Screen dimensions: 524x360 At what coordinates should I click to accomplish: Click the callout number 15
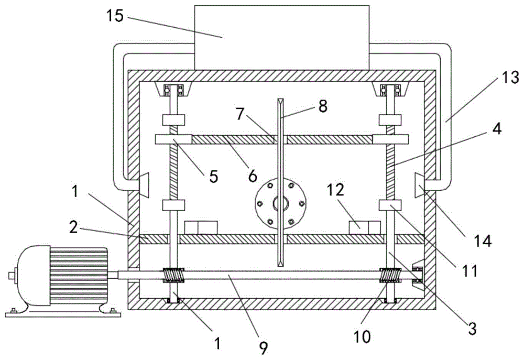(x=115, y=16)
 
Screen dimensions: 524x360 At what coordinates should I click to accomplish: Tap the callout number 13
(x=510, y=78)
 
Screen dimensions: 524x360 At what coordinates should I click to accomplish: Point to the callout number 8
(x=323, y=106)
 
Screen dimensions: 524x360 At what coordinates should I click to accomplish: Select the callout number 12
(x=335, y=190)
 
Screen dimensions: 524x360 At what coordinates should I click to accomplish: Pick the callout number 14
(x=483, y=241)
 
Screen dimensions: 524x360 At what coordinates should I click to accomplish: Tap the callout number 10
(x=362, y=337)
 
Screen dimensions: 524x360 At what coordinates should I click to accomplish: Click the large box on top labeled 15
(x=282, y=37)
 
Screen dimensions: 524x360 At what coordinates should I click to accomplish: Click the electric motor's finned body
(x=79, y=276)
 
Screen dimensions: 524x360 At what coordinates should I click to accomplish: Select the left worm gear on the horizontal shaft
(x=173, y=275)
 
